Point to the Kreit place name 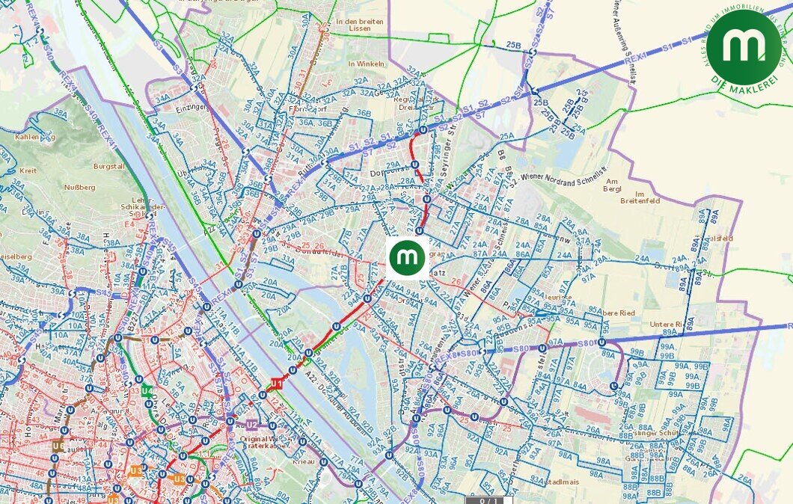(x=28, y=171)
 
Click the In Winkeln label (x=366, y=64)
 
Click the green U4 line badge (x=147, y=391)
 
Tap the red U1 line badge (x=276, y=384)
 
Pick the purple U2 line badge (x=251, y=425)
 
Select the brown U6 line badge (x=58, y=446)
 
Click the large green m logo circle (x=744, y=47)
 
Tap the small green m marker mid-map (x=407, y=258)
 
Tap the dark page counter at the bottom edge (x=489, y=500)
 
